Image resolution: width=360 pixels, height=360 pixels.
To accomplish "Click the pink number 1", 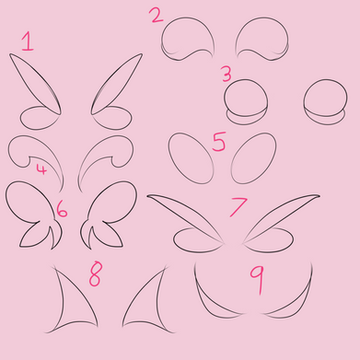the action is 28,42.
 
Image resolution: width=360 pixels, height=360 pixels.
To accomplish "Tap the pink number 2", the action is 156,15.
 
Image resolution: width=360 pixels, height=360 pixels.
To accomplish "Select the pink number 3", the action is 227,74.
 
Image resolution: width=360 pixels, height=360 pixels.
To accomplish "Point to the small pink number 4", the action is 41,169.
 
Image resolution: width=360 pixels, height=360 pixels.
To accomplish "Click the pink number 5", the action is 219,142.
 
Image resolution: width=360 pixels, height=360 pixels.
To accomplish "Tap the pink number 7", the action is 238,207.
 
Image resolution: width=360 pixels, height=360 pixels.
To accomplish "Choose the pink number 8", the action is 95,274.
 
